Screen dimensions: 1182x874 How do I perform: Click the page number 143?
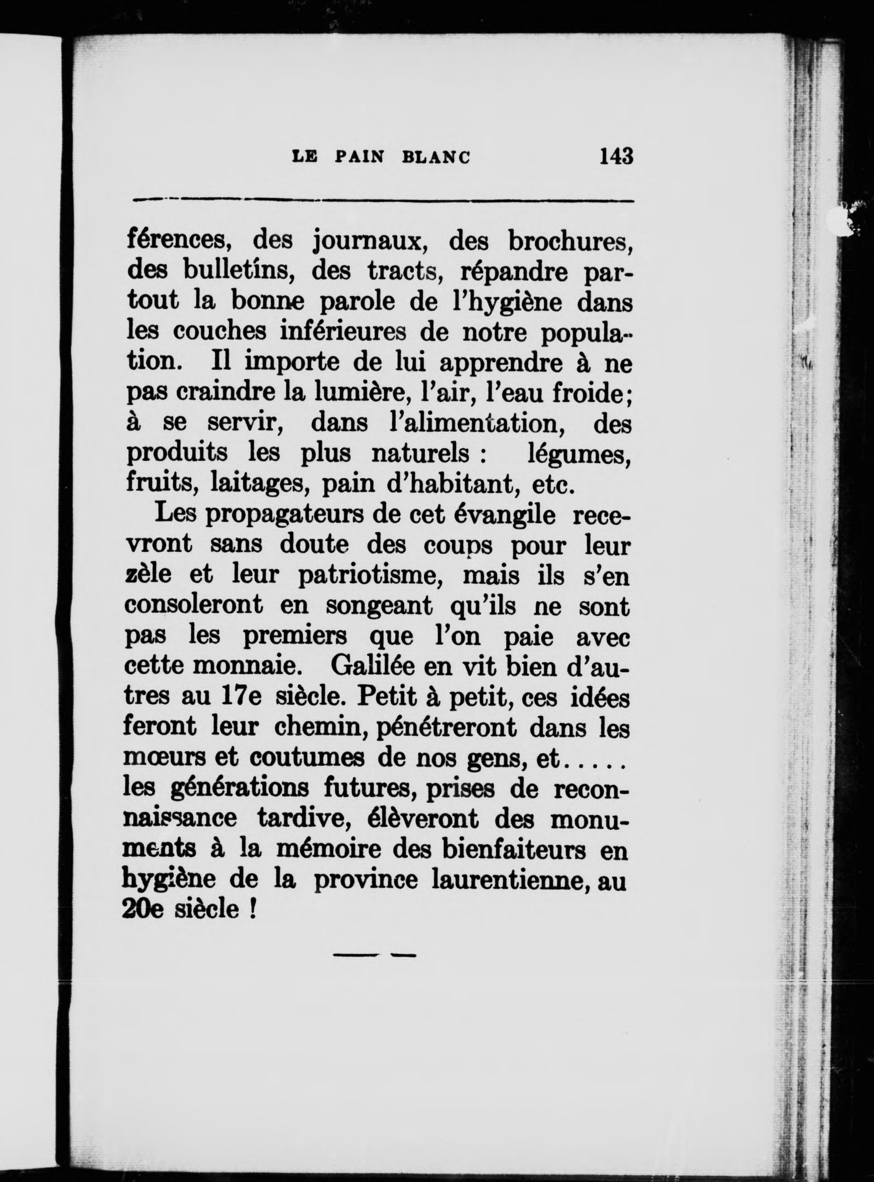616,157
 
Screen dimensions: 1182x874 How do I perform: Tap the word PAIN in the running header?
361,158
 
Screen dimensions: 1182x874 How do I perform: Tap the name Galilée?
370,666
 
